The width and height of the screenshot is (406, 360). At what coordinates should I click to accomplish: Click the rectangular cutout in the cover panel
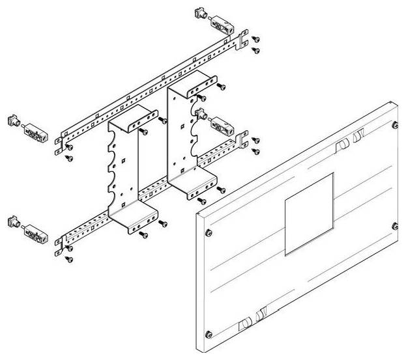click(x=310, y=212)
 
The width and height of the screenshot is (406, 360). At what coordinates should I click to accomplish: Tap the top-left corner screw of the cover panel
click(x=208, y=233)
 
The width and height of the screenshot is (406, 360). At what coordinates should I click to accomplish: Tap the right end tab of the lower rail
click(x=244, y=139)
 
